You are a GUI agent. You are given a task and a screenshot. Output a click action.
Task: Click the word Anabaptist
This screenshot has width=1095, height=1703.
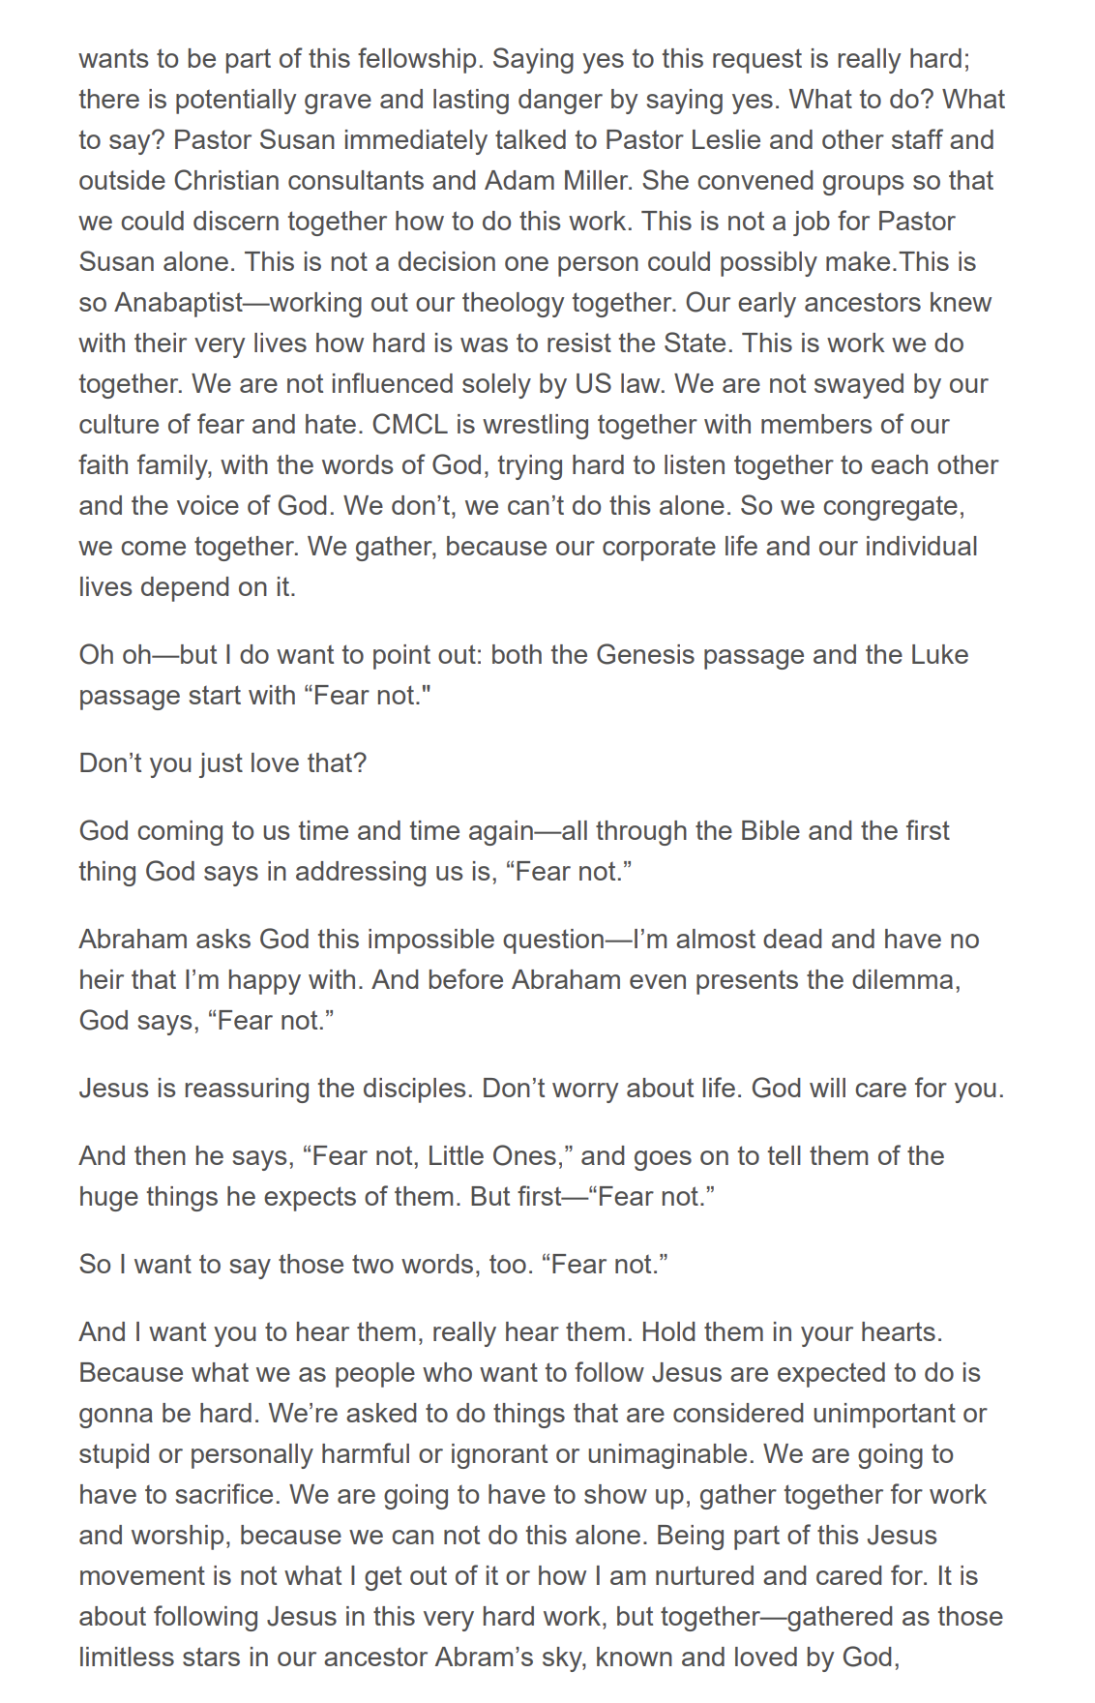point(179,303)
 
